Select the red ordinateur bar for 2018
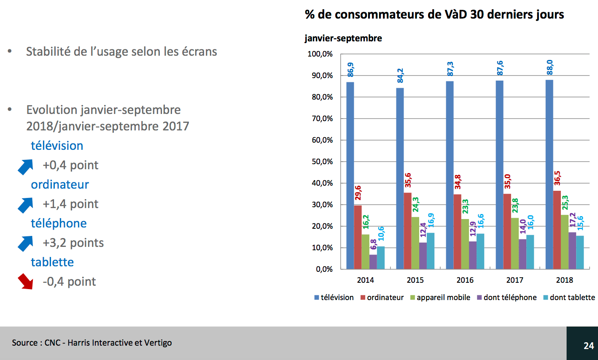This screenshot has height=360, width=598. click(557, 230)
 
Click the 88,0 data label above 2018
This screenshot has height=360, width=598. click(550, 68)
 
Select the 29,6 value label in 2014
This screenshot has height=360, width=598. click(358, 193)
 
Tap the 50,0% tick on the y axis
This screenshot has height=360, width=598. click(322, 162)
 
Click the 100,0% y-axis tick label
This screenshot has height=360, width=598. click(320, 54)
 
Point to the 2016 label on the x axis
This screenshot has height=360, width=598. click(465, 280)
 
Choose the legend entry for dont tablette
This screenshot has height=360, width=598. click(572, 298)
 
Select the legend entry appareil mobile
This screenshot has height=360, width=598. click(443, 298)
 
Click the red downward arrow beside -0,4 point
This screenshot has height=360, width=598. click(25, 282)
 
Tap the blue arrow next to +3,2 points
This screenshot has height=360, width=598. click(26, 244)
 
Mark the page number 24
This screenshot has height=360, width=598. click(589, 346)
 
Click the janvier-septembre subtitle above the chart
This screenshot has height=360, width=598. click(343, 38)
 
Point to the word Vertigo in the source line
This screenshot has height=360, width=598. click(158, 343)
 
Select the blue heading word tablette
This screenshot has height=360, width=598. click(52, 262)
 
